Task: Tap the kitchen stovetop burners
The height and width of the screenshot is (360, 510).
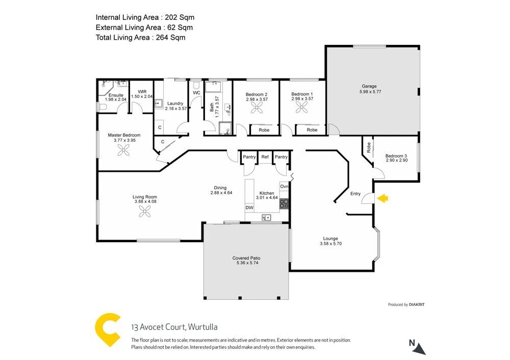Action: pos(284,203)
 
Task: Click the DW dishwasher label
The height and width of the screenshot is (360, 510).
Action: pos(249,208)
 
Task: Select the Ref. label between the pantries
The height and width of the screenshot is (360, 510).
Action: pos(265,157)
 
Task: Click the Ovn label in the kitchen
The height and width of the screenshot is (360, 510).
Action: pos(284,187)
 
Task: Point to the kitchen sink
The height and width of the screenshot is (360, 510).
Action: pos(266,218)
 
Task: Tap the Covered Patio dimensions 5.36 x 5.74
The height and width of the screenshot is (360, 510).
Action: pos(246,263)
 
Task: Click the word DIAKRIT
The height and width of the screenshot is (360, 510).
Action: pos(417,304)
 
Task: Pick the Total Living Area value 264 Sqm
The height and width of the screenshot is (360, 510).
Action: pos(171,37)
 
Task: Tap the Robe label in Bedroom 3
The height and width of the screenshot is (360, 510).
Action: pos(368,147)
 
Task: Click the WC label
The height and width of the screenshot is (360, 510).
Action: pos(196,93)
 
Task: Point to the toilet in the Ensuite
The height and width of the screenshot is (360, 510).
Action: pos(101,107)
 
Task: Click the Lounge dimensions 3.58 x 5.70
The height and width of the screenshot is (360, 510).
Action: pos(330,244)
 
